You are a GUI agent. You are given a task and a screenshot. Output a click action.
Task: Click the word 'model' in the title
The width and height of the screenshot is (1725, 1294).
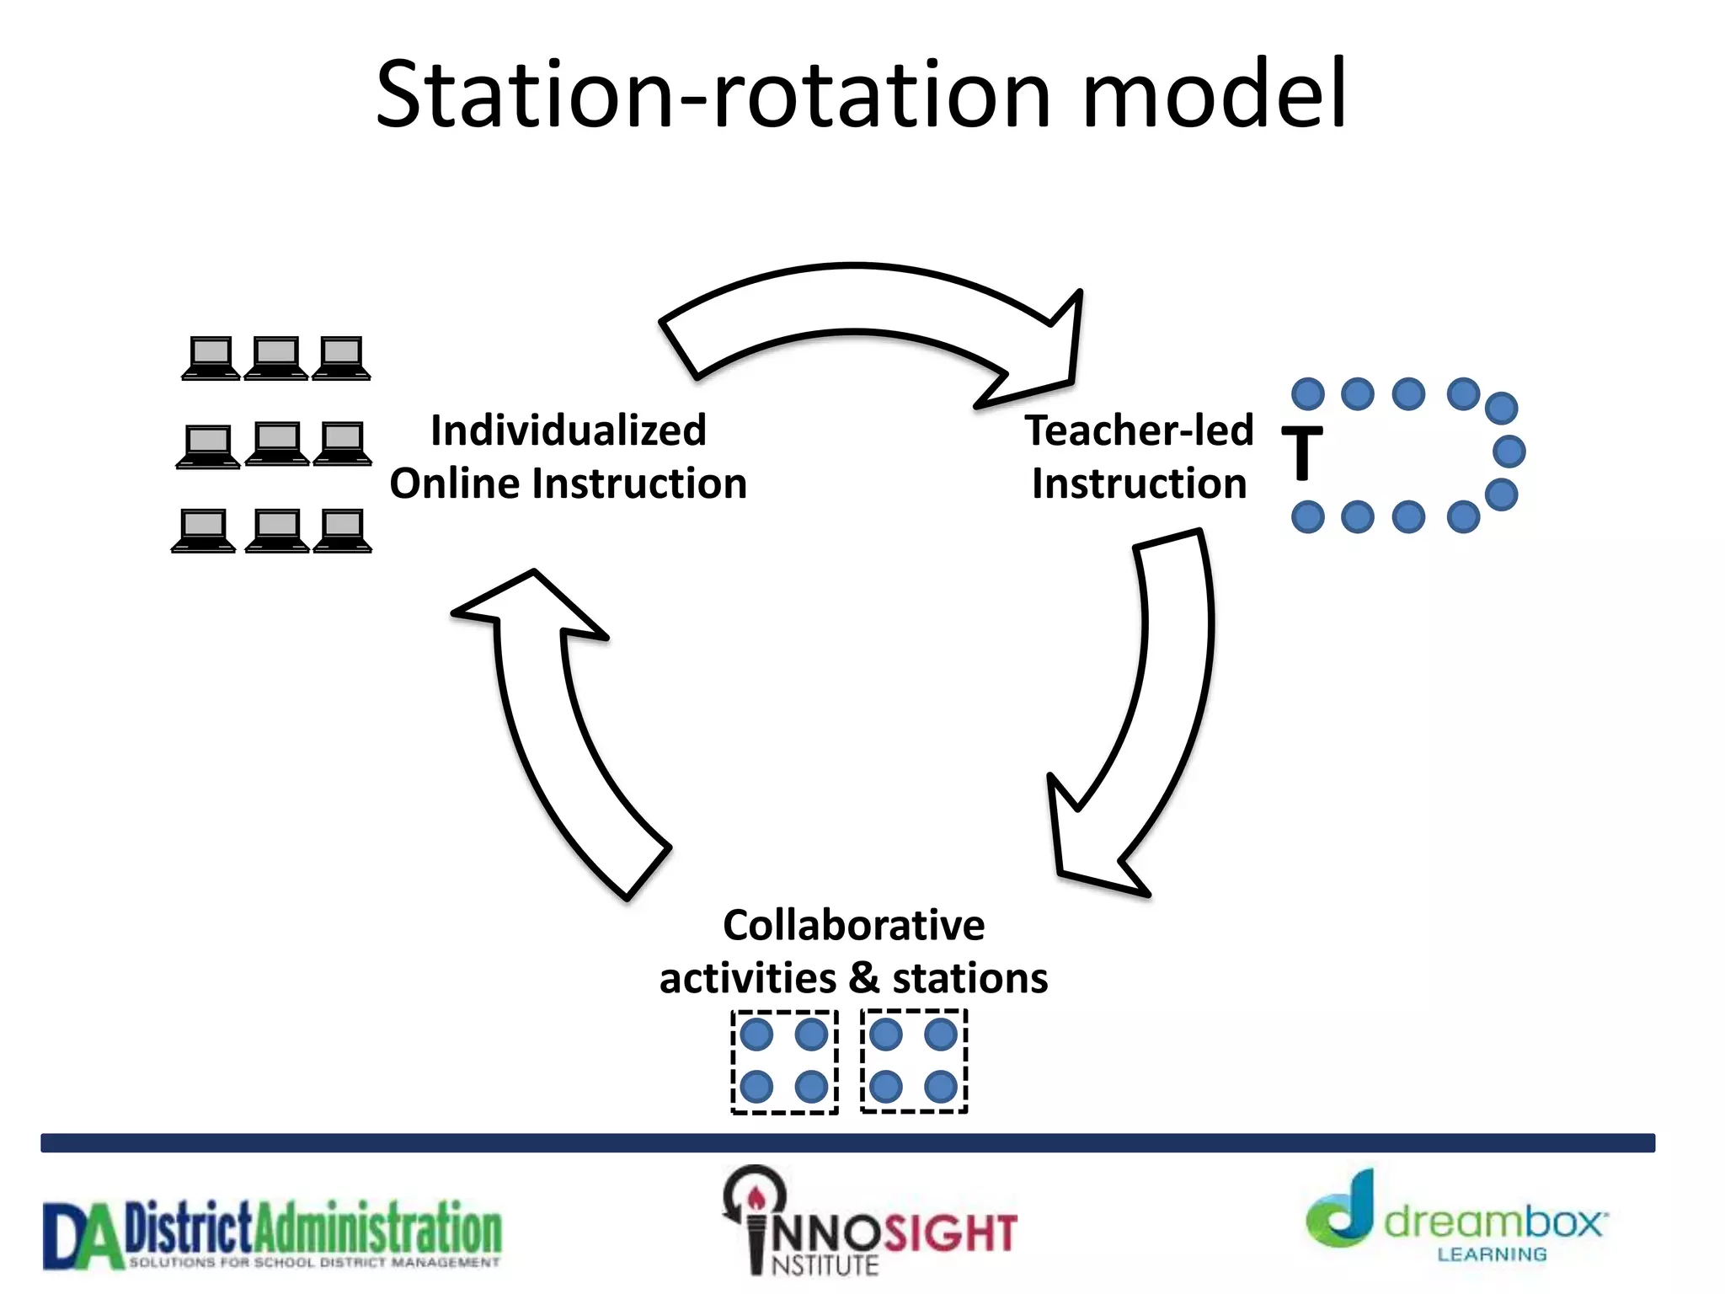(x=1215, y=94)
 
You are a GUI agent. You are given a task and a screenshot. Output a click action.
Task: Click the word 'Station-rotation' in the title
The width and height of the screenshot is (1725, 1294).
(x=713, y=94)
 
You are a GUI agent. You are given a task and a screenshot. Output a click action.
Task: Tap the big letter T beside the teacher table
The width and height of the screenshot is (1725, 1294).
(x=1302, y=453)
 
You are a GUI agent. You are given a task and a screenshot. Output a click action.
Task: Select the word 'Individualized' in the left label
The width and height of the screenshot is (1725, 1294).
(x=568, y=430)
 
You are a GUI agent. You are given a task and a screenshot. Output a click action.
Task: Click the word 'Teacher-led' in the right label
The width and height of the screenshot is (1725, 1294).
(x=1139, y=430)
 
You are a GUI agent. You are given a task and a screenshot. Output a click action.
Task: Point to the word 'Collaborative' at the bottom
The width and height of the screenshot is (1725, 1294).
(x=853, y=925)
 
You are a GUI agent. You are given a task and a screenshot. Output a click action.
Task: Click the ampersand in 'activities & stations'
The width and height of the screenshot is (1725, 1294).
(x=863, y=977)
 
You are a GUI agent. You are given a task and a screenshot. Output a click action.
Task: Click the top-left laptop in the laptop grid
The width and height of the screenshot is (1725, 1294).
(x=211, y=358)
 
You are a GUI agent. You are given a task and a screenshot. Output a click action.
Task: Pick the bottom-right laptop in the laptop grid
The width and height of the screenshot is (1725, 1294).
(x=343, y=531)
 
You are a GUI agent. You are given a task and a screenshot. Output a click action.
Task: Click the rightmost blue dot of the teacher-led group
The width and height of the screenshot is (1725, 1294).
(x=1509, y=452)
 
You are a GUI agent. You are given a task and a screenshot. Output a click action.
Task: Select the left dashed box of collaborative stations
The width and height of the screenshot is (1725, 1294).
(x=784, y=1061)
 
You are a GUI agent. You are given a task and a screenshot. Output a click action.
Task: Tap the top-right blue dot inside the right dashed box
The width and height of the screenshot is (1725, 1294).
(x=940, y=1035)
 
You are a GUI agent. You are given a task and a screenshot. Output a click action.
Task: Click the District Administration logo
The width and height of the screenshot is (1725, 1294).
(x=272, y=1234)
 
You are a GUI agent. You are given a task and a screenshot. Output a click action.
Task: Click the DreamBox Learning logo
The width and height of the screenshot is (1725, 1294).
(x=1457, y=1220)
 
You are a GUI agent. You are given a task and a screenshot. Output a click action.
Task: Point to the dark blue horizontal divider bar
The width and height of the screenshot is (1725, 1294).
(x=847, y=1142)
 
